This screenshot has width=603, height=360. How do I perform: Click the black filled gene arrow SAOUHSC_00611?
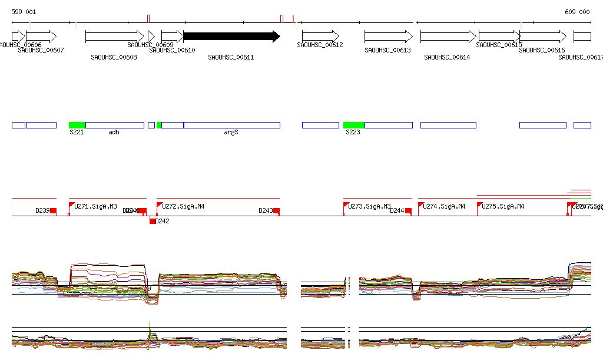coord(231,37)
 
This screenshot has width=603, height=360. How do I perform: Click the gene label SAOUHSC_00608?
coord(114,58)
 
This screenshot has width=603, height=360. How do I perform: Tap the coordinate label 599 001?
coord(24,12)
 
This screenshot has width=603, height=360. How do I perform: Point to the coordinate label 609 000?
coord(577,12)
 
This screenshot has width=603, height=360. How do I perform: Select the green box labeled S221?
coord(77,125)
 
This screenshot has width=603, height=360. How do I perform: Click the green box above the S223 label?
coord(354,125)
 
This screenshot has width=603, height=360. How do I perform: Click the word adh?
coord(114,133)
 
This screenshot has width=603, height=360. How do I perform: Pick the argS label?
coord(231,133)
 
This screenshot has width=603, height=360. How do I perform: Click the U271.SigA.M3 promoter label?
coord(95,207)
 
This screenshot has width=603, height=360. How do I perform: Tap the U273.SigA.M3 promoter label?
coord(370,207)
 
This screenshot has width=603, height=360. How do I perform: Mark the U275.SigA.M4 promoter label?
coord(503,207)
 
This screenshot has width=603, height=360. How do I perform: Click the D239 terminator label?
coord(42,210)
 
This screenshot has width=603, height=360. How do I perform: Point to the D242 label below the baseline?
coord(163,222)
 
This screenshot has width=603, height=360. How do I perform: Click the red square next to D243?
coord(276,211)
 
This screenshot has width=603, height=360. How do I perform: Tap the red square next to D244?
coord(408,211)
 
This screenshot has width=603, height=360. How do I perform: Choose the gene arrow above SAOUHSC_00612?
coord(320,37)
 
